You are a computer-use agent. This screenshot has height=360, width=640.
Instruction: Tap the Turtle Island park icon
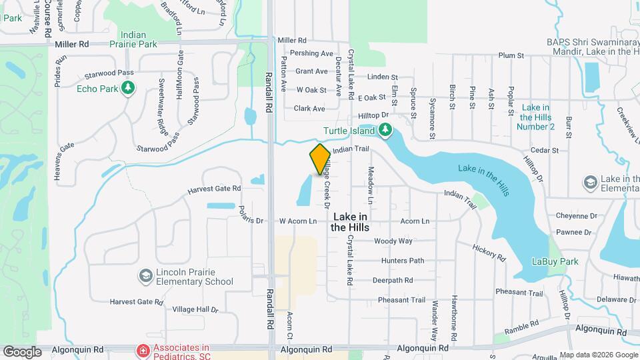pos(385,129)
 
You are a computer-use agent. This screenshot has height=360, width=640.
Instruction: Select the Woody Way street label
pos(393,241)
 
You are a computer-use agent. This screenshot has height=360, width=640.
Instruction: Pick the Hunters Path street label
pos(403,261)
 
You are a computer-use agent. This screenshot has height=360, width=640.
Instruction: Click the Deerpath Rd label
pos(393,281)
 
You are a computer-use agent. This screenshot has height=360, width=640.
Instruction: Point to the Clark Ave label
pos(309,109)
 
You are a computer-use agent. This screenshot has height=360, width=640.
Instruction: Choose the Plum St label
pos(508,56)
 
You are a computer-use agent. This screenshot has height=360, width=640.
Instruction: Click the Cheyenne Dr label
pos(577,216)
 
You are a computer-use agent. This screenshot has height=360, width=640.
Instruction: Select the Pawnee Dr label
pos(577,233)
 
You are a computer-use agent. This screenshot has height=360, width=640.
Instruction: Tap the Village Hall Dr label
pos(195,309)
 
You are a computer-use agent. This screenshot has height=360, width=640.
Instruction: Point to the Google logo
pos(22,351)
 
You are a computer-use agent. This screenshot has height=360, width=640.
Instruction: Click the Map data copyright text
pos(598,355)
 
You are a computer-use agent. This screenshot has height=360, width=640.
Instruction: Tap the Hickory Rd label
pos(489,251)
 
